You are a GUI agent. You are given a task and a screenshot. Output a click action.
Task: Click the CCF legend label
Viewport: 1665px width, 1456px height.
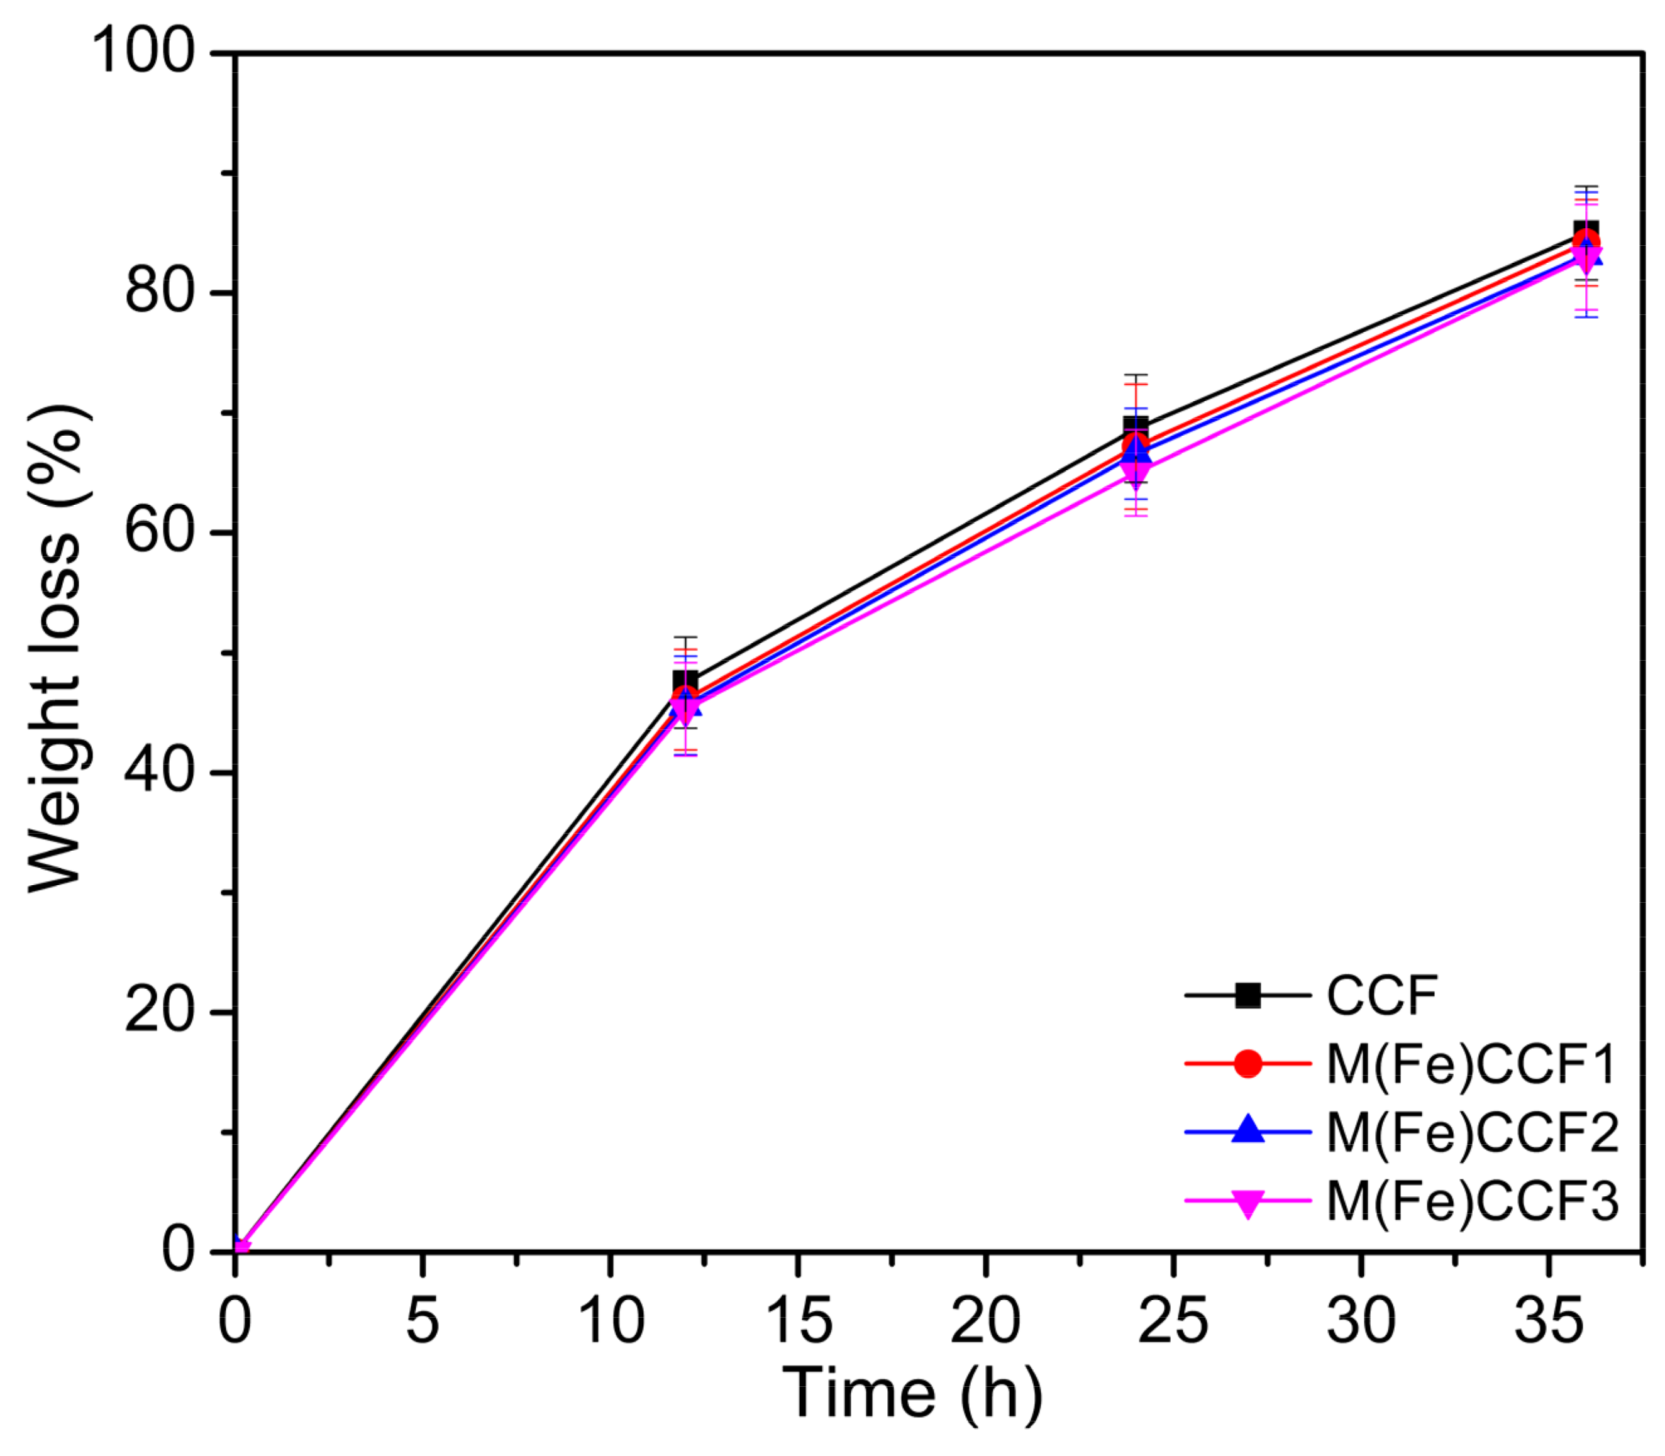(1381, 995)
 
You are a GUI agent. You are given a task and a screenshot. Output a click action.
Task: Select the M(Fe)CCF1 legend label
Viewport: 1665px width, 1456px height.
(1471, 1064)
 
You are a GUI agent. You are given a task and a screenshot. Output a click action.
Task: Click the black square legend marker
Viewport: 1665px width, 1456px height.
(1247, 995)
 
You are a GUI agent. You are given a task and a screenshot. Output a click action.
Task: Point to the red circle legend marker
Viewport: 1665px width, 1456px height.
(1247, 1064)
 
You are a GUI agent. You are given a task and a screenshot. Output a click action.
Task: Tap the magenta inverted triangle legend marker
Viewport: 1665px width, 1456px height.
(1247, 1203)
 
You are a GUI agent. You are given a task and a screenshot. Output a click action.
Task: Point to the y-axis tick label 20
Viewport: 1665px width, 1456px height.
(160, 1012)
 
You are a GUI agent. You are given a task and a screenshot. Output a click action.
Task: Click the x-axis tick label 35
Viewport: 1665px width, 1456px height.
(1549, 1321)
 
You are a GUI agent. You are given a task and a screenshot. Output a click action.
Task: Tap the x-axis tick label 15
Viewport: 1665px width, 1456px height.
(798, 1321)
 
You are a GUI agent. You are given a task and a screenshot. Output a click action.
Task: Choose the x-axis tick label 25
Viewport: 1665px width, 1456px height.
(1173, 1321)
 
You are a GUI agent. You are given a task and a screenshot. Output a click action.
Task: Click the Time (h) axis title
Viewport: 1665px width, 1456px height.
(912, 1393)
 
